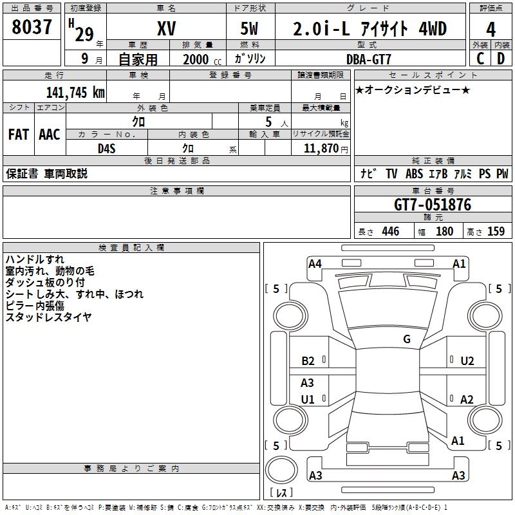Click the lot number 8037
coord(32,26)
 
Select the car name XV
coord(167,28)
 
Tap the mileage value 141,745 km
coord(75,92)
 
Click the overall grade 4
coord(491,30)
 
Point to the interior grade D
coord(501,59)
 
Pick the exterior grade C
coord(480,59)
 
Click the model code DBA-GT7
coord(368,59)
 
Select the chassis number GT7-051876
coord(432,205)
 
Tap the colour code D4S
coord(107,149)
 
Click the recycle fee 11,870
coord(321,149)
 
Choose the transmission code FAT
coord(19,135)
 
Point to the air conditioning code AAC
coord(50,135)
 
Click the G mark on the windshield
coord(407,339)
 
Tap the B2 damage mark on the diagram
coord(308,361)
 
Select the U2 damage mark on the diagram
coord(467,361)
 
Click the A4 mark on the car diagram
coord(315,264)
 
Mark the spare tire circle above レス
coord(281,470)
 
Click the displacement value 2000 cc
coord(202,59)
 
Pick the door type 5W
coord(249,28)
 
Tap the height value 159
coord(496,231)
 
